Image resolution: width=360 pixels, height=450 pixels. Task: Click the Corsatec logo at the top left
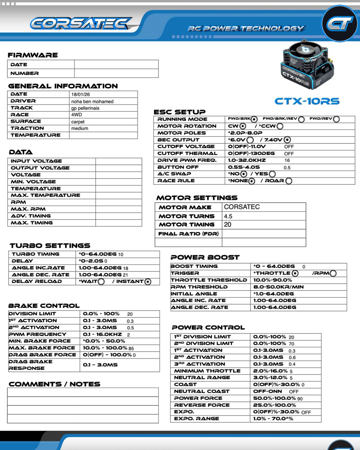tap(81, 24)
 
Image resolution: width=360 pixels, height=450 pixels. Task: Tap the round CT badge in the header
tap(340, 23)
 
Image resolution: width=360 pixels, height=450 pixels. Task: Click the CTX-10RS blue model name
tap(307, 101)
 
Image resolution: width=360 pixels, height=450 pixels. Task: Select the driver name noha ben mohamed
tap(92, 102)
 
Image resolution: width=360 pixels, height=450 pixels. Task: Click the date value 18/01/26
tap(80, 94)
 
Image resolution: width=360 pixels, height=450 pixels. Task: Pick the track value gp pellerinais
tap(85, 108)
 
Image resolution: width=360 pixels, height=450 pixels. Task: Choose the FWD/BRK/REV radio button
tap(301, 119)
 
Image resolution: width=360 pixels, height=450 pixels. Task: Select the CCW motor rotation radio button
tap(280, 126)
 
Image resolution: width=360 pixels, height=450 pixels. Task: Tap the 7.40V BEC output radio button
tap(287, 140)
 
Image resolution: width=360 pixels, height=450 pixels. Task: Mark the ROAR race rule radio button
tap(289, 181)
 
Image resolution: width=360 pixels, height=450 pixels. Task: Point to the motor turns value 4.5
tap(228, 216)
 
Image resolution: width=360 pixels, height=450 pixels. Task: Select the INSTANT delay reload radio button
tap(148, 282)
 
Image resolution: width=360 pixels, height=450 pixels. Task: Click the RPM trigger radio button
tap(333, 273)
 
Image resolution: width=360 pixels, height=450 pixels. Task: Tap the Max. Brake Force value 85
tap(131, 348)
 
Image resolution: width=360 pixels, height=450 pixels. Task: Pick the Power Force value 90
tap(300, 399)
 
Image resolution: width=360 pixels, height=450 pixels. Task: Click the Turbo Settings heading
tap(50, 246)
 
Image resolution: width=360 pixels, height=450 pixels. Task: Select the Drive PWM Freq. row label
tap(187, 160)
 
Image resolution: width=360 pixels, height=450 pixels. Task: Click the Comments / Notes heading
tap(54, 384)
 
